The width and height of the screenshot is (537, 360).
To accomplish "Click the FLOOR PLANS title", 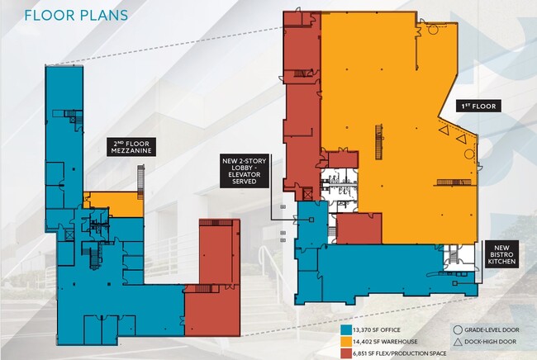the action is click(x=76, y=16).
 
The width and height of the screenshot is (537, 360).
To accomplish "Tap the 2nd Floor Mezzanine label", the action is click(x=131, y=147).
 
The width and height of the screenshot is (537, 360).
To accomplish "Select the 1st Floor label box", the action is click(x=478, y=106).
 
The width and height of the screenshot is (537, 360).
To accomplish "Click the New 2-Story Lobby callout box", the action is click(x=245, y=171).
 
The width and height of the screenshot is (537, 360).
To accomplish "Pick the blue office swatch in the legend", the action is click(x=346, y=330).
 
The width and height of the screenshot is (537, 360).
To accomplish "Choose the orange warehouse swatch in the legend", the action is click(x=346, y=342).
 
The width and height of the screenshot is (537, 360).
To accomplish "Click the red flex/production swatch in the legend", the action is click(x=346, y=353).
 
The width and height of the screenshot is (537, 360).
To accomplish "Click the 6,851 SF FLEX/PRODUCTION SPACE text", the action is click(x=401, y=353).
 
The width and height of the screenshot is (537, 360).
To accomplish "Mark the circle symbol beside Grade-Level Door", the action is click(x=457, y=330).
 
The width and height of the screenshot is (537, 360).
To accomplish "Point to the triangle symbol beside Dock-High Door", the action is click(x=457, y=342).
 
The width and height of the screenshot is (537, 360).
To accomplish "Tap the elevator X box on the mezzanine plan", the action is click(x=69, y=235).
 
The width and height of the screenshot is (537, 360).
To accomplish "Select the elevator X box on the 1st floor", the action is click(x=307, y=194).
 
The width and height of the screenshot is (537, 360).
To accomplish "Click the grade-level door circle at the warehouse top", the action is click(x=433, y=29).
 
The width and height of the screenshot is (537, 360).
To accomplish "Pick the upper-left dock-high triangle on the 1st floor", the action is click(x=444, y=130).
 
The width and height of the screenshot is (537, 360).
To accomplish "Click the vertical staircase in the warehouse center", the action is click(x=378, y=142).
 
